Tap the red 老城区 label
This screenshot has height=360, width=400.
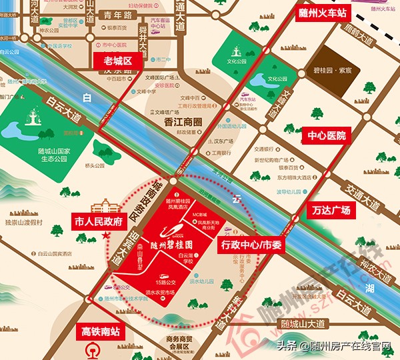click(118, 61)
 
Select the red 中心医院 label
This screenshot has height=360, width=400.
click(327, 135)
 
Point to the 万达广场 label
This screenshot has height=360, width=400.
click(331, 210)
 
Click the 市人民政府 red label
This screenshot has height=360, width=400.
click(98, 221)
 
